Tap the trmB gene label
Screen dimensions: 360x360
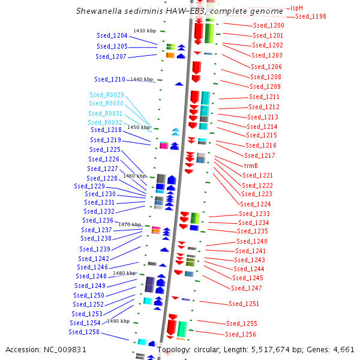point(251,165)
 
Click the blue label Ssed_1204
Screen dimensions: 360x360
point(112,36)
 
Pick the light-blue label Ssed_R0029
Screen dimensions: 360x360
point(107,95)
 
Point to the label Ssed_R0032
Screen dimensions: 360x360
point(105,122)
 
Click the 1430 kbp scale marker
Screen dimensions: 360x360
point(145,31)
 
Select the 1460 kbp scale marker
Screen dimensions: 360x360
point(134,176)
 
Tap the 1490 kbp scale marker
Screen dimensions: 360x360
point(118,321)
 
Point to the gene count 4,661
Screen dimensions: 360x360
point(343,349)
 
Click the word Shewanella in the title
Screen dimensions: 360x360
point(98,11)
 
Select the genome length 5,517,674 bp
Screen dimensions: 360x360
point(268,349)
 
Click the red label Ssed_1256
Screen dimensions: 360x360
point(241,334)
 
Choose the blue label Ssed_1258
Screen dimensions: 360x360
point(84,332)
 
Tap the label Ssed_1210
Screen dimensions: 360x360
point(110,79)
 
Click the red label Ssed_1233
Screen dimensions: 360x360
point(254,214)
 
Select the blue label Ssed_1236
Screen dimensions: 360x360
point(98,220)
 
